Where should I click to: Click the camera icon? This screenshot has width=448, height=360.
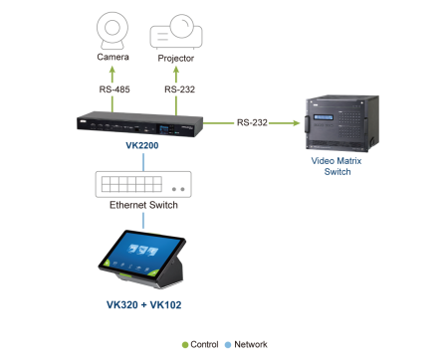(x=112, y=31)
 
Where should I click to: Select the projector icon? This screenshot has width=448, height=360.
(x=176, y=32)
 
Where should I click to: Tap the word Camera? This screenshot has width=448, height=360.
(x=112, y=57)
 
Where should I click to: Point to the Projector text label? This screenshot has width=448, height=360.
(x=176, y=59)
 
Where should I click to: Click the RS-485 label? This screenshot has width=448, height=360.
(x=114, y=90)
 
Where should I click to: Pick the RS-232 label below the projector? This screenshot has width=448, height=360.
(x=179, y=90)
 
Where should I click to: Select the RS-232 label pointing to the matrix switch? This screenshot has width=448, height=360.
(x=252, y=122)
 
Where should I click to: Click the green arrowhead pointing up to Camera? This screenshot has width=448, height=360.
(x=112, y=70)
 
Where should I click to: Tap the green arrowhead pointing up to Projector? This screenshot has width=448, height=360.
(x=176, y=70)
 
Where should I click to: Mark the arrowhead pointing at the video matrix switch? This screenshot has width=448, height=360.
(x=296, y=123)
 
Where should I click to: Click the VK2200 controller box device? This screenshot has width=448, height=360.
(x=139, y=124)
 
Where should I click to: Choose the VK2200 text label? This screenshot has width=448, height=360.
(x=142, y=145)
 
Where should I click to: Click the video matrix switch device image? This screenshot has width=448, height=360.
(x=342, y=123)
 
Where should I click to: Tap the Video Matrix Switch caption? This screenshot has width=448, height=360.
(x=336, y=166)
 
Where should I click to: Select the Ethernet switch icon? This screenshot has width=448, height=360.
(x=143, y=184)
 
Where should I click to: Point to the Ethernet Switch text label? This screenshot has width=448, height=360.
(x=143, y=205)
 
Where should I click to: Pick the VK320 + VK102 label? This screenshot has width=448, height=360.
(x=143, y=304)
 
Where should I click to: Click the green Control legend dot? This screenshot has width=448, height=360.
(x=185, y=345)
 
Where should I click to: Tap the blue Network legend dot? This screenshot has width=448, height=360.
(x=228, y=345)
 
